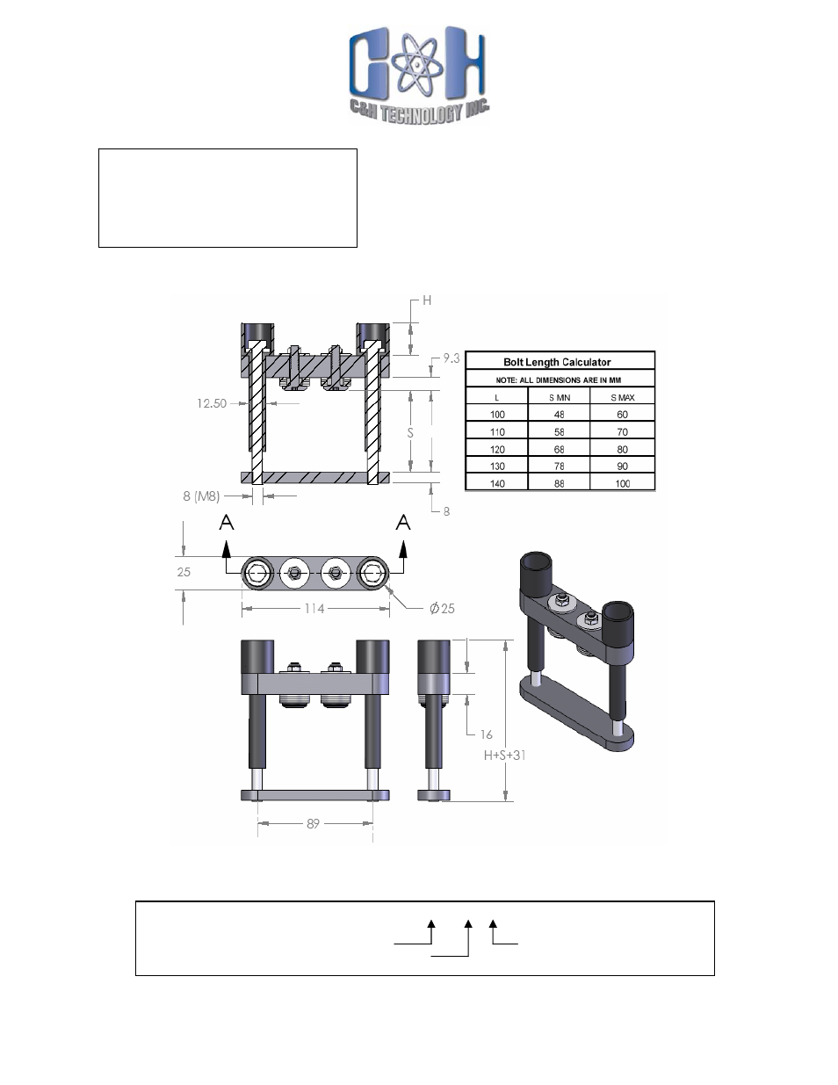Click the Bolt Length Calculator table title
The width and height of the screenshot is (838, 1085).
pos(557,362)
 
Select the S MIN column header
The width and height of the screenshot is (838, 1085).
pos(560,397)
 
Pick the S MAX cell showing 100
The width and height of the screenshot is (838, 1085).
pos(622,483)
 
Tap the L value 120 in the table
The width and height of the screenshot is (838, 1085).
pos(497,449)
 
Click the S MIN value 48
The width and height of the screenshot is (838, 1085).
pos(560,415)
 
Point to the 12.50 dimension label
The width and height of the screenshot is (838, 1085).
pos(211,404)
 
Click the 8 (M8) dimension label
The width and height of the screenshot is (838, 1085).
pos(201,496)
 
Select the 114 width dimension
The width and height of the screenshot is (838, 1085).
pos(314,608)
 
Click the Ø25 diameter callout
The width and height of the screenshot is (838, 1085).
pos(442,609)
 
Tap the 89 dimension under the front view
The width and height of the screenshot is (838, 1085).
pos(314,824)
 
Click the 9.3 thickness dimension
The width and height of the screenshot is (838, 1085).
pos(452,358)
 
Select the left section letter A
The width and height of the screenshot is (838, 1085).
pos(227,523)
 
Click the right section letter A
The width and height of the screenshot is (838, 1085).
pos(403,523)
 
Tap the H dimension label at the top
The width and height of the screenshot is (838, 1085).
pos(428,300)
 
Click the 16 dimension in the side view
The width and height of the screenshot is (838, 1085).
pos(486,734)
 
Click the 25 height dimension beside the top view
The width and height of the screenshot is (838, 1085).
pos(184,572)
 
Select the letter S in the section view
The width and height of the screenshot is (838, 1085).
pos(410,433)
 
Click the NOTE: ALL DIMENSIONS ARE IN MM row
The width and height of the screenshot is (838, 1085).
pos(560,380)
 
